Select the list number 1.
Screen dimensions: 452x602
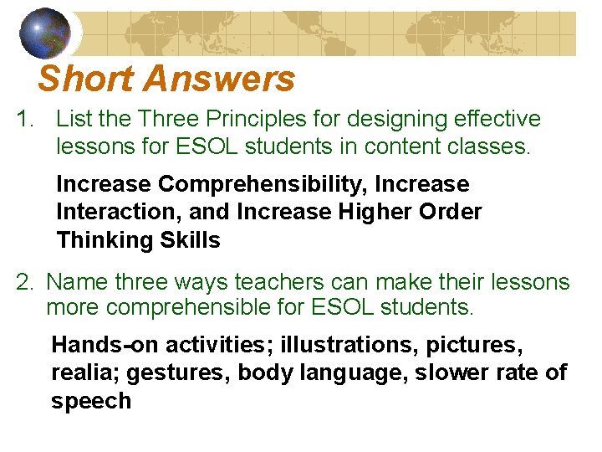pyautogui.click(x=25, y=120)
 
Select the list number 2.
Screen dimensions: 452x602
pyautogui.click(x=24, y=282)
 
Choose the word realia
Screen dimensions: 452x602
pyautogui.click(x=82, y=372)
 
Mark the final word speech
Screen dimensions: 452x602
pyautogui.click(x=91, y=401)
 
